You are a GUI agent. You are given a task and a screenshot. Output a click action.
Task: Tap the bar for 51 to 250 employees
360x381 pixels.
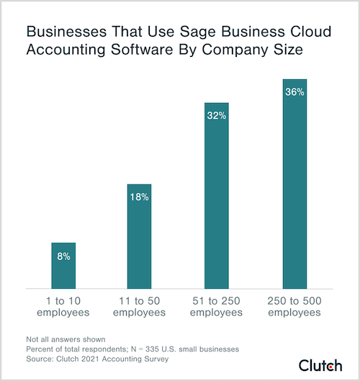(217, 202)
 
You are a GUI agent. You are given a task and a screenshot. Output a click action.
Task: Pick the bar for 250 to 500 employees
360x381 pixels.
(294, 187)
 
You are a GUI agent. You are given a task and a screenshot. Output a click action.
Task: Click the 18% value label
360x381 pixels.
(140, 197)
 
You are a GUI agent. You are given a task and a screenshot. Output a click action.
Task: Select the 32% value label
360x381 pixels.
(217, 115)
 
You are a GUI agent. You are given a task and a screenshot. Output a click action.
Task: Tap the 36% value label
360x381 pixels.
(294, 91)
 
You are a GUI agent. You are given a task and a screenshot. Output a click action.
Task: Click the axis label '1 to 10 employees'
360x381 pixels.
(63, 307)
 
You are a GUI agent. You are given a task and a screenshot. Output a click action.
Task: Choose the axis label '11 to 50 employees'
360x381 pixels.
(140, 307)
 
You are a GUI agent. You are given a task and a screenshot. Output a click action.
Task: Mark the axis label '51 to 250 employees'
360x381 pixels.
(217, 307)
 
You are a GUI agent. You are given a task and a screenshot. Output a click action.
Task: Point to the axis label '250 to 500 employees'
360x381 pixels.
(294, 307)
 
